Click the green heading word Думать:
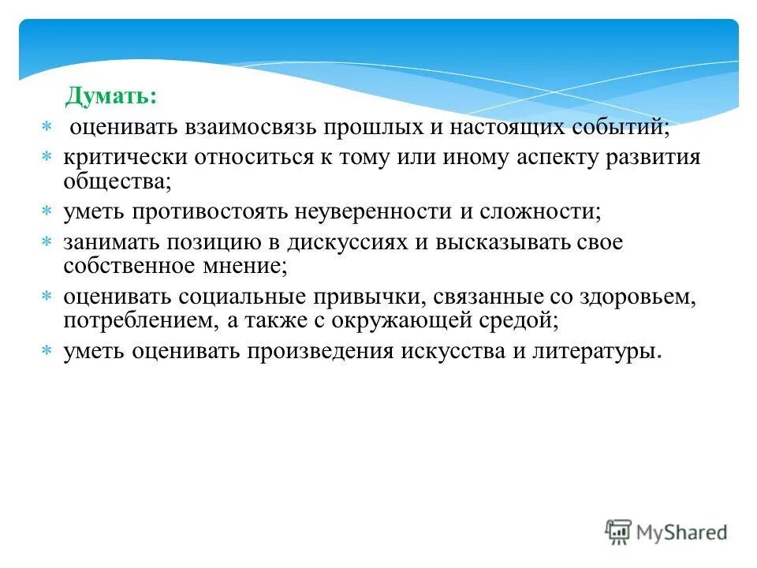click(x=110, y=96)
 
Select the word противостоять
click(x=212, y=213)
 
